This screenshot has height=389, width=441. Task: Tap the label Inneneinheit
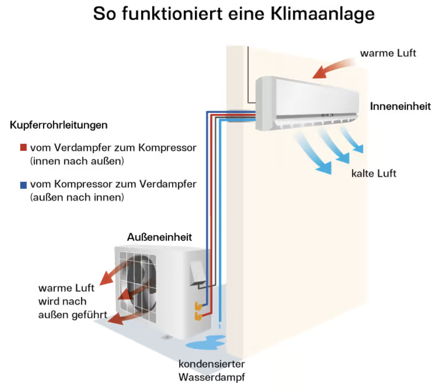[x=400, y=106]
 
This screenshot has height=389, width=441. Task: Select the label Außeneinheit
[x=159, y=237]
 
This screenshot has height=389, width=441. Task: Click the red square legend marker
[x=24, y=148]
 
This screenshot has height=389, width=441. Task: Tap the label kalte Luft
[x=374, y=174]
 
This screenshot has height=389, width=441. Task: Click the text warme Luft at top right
[x=388, y=53]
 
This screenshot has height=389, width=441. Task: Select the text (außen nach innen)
[x=77, y=198]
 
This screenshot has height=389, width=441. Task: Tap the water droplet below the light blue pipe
[x=220, y=326]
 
